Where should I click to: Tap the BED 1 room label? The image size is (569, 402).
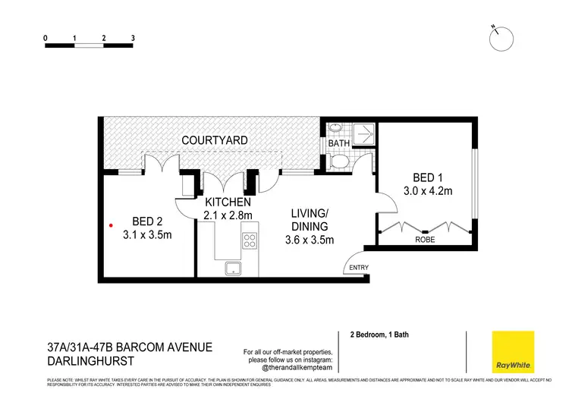(x=426, y=177)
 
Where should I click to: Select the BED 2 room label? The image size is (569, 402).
(x=148, y=221)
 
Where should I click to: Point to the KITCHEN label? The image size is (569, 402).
(x=228, y=203)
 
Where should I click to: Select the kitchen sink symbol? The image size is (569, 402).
(x=231, y=269)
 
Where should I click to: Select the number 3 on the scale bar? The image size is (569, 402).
(x=133, y=37)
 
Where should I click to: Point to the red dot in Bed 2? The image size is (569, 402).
(x=112, y=225)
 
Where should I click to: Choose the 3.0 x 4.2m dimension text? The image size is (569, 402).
(x=426, y=191)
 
